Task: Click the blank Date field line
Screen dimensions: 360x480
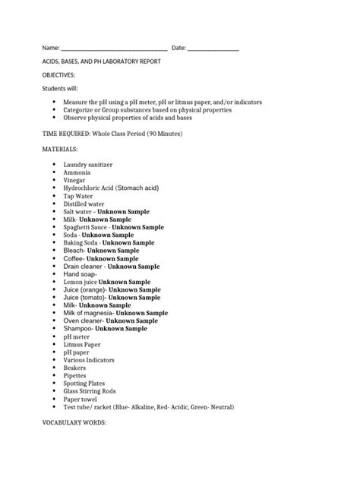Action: (213, 49)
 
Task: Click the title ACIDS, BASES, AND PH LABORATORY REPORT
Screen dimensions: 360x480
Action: (101, 62)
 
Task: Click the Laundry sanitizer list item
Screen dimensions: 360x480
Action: (90, 163)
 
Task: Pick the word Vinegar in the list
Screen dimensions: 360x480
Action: (75, 179)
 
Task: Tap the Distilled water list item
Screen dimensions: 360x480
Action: (84, 204)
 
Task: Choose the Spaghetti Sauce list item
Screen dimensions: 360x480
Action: (114, 227)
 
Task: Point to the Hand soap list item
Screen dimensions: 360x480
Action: (81, 274)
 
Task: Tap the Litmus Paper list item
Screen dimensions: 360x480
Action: (82, 344)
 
